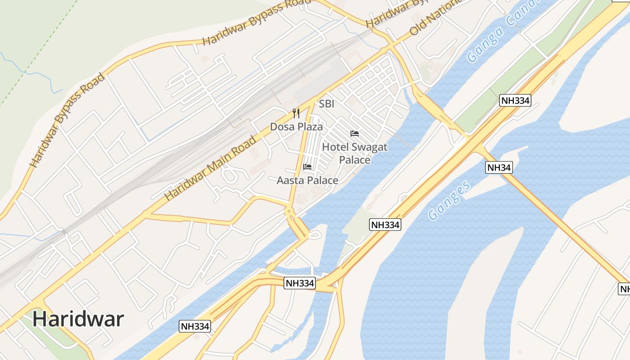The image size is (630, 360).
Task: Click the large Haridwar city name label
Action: (78, 319)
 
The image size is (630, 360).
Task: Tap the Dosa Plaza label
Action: (296, 127)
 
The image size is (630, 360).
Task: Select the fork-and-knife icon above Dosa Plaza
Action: (296, 113)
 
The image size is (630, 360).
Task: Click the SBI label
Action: (327, 104)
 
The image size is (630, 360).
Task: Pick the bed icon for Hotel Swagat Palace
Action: (355, 134)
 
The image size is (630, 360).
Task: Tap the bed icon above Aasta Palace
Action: (307, 167)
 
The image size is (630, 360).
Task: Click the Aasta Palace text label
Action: (307, 180)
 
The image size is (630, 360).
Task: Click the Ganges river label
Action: (449, 200)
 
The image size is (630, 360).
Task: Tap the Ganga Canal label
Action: (502, 31)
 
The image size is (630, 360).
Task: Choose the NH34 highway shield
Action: (499, 167)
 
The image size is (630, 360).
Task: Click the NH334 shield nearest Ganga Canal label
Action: (515, 100)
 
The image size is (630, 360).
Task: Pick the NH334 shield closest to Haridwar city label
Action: (195, 326)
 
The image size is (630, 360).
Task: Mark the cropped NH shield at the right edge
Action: (625, 289)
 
